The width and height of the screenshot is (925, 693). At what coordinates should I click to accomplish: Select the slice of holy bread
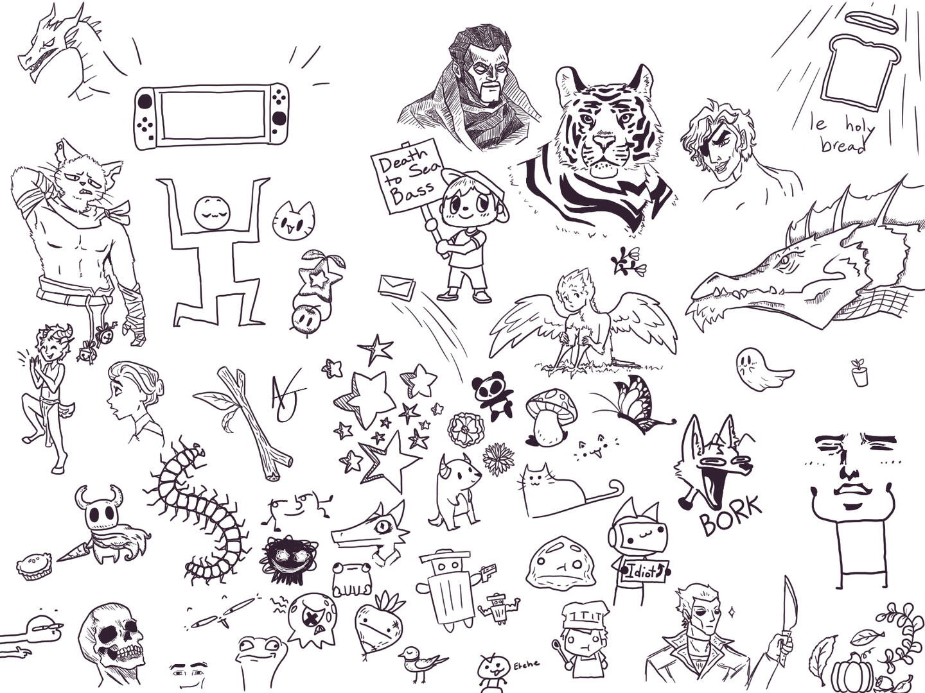point(860,74)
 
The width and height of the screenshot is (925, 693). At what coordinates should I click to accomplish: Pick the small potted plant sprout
point(859,372)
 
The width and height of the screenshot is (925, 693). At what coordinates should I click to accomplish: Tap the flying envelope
point(396,287)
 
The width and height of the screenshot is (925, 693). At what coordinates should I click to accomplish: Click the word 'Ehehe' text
point(526,665)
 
